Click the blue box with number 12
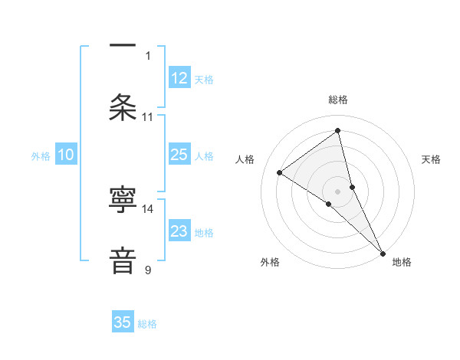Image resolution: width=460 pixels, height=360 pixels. tap(179, 78)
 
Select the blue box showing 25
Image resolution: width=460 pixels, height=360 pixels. tap(179, 155)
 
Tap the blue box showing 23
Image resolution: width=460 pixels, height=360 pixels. tap(179, 231)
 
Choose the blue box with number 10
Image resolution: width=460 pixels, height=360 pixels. tap(66, 155)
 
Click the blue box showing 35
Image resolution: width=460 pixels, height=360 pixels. tap(123, 322)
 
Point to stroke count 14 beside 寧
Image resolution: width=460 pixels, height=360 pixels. tap(148, 208)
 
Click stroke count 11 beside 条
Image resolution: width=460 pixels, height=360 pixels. tap(148, 116)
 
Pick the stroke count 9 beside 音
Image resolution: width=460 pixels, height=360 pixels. tap(148, 270)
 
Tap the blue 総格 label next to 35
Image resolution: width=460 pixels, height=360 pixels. tap(147, 324)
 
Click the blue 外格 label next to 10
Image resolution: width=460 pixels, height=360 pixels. tap(41, 156)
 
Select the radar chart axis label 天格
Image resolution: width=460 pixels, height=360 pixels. tap(431, 159)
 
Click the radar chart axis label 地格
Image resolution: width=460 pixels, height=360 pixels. tap(402, 262)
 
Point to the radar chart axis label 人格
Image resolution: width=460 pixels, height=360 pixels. tap(245, 159)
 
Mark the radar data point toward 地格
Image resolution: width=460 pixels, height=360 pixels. tap(383, 253)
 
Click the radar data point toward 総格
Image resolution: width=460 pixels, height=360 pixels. tap(338, 131)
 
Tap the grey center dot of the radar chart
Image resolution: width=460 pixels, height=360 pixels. tap(338, 191)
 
